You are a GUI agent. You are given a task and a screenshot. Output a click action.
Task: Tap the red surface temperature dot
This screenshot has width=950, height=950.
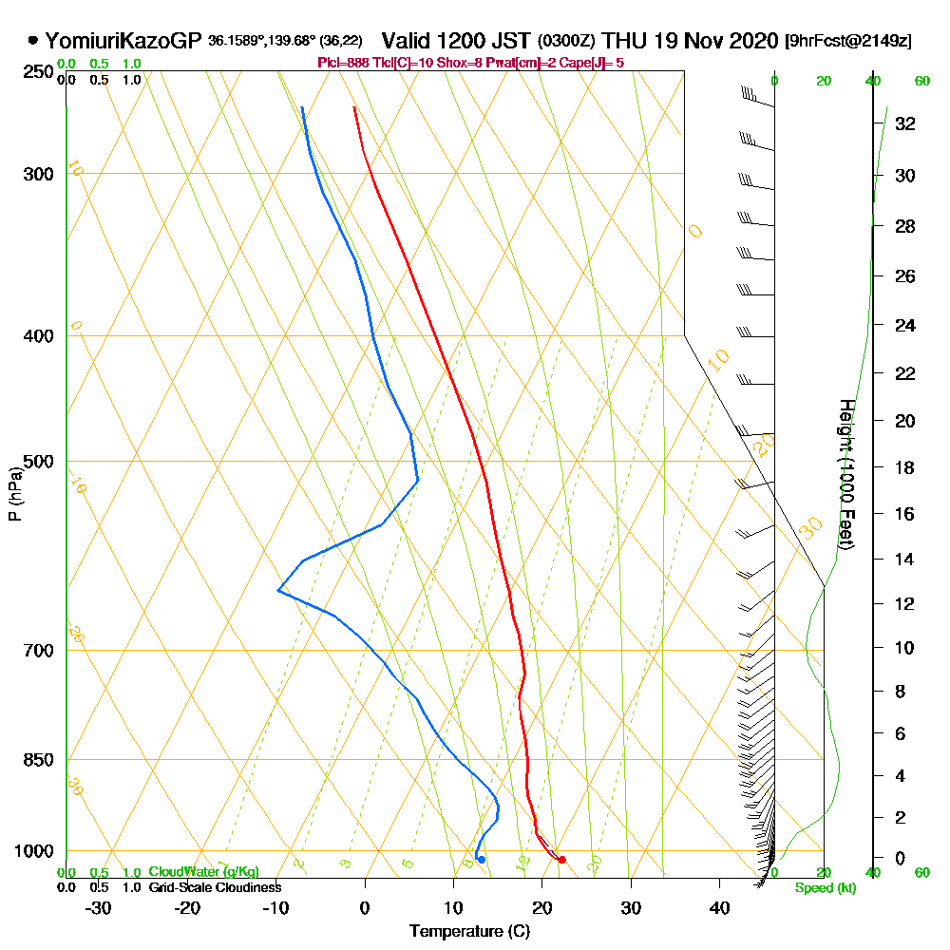click(562, 860)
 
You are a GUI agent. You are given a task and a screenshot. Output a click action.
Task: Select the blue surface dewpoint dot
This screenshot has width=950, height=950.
click(482, 860)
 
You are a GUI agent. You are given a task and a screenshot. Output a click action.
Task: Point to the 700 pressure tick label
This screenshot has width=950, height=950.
click(39, 651)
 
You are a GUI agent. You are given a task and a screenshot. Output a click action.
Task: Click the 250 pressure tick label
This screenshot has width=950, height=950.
click(39, 71)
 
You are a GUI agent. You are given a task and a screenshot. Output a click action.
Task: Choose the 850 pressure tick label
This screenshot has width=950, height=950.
click(39, 760)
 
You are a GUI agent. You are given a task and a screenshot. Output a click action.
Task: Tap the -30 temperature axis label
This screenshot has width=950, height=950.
click(99, 908)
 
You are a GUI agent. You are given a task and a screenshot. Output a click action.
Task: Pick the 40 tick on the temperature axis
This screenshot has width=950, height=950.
click(719, 908)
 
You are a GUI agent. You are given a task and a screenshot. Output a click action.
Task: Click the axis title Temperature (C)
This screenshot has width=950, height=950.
click(469, 932)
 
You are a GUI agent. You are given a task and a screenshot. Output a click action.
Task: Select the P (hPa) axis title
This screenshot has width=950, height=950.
click(14, 493)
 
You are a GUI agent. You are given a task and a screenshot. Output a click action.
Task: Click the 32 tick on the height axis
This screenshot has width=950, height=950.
click(905, 123)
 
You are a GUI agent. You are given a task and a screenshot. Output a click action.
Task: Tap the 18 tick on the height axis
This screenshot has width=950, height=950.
click(905, 467)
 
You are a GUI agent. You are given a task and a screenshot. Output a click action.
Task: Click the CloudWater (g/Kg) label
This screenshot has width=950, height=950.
click(202, 872)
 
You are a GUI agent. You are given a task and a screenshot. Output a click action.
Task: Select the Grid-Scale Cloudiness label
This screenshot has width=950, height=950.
click(214, 887)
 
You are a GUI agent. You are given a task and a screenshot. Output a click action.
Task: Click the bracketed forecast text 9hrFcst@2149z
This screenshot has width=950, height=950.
click(848, 41)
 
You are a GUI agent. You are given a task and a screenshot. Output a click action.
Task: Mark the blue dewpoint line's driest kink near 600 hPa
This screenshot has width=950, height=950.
click(278, 591)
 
